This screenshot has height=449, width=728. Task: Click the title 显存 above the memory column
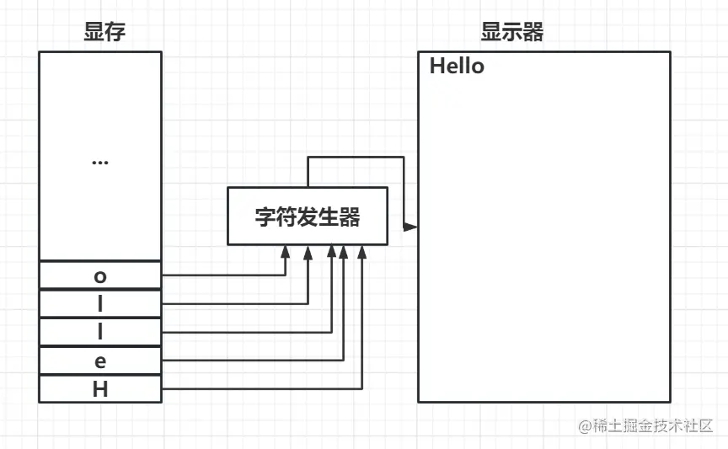coord(99,33)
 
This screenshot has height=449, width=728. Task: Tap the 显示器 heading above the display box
coord(511,33)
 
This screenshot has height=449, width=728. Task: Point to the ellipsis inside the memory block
coord(99,161)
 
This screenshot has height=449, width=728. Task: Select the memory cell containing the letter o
coord(99,275)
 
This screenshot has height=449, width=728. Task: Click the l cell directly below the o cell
coord(99,304)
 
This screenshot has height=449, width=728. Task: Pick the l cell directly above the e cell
coord(99,332)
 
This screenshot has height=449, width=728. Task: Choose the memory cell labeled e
coord(99,361)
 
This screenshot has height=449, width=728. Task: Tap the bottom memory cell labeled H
coord(99,389)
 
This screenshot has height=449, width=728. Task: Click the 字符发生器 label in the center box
coord(308,217)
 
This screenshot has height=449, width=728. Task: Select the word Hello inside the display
coord(457,67)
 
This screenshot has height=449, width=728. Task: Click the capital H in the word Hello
coord(437,67)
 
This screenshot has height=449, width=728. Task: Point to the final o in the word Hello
coord(478,67)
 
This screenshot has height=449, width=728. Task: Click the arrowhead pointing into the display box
coord(411,227)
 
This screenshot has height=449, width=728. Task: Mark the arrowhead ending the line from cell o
coord(286,251)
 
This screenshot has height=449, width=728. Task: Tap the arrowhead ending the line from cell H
coord(361,251)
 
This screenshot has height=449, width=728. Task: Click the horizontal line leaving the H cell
coord(261,388)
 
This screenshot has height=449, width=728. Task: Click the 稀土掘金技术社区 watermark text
coord(655,426)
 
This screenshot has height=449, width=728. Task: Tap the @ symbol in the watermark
coord(584,427)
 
